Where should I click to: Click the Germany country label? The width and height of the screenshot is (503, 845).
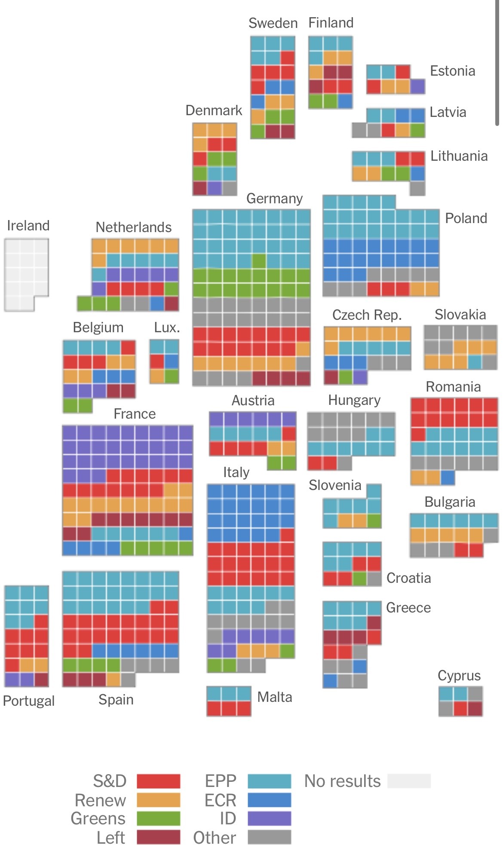[274, 199]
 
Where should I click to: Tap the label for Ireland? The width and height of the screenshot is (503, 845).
[28, 226]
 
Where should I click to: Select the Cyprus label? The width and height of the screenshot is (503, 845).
[459, 676]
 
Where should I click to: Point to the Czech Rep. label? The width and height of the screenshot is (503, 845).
[367, 315]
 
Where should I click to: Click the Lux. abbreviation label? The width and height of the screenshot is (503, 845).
[167, 328]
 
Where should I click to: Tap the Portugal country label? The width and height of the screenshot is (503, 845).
[29, 701]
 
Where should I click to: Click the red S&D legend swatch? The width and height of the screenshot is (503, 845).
[158, 781]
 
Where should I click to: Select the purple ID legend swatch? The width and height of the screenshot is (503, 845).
[269, 818]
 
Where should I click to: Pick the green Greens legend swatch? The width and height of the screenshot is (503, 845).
[158, 818]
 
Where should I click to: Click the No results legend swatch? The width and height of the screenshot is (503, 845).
[408, 781]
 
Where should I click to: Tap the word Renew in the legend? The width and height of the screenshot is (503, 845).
[100, 800]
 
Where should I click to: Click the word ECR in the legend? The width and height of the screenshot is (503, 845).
[221, 800]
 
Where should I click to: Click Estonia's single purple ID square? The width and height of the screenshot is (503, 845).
[417, 86]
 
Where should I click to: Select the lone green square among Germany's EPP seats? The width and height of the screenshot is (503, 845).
[259, 261]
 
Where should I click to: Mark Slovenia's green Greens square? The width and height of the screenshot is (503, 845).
[374, 521]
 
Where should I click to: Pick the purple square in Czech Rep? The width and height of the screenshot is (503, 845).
[360, 377]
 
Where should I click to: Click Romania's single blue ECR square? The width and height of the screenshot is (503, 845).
[448, 477]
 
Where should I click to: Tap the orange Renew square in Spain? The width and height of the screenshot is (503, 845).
[113, 680]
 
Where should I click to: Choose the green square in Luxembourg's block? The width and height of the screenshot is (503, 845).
[172, 376]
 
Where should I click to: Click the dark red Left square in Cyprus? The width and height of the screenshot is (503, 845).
[475, 708]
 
